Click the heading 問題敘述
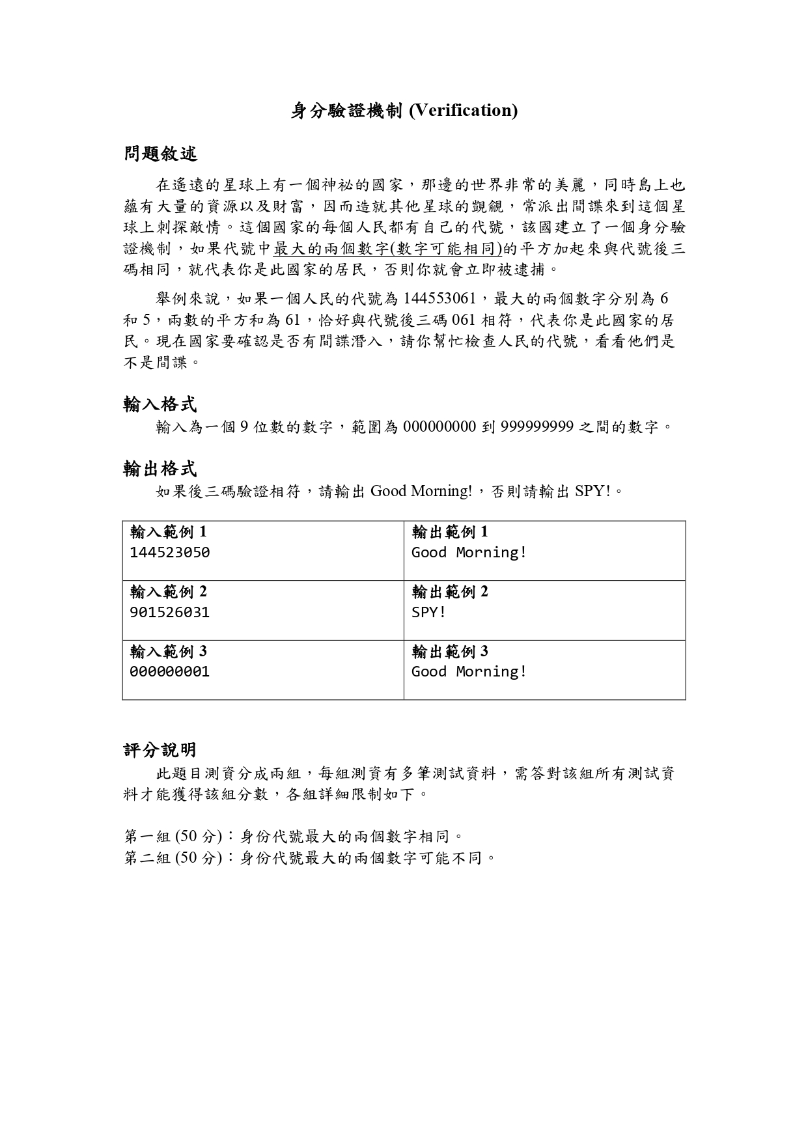[x=160, y=154]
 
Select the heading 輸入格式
[x=160, y=404]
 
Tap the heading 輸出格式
[x=160, y=468]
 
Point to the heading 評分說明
[x=160, y=750]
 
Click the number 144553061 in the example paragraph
[x=440, y=299]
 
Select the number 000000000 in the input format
[x=439, y=427]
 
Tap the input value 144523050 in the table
[x=170, y=553]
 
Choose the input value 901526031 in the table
[x=170, y=613]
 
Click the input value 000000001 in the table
[x=170, y=672]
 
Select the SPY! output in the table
[x=428, y=613]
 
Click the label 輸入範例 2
[x=169, y=592]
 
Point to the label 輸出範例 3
[x=450, y=652]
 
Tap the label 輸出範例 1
[x=450, y=533]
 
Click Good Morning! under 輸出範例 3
[x=469, y=672]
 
